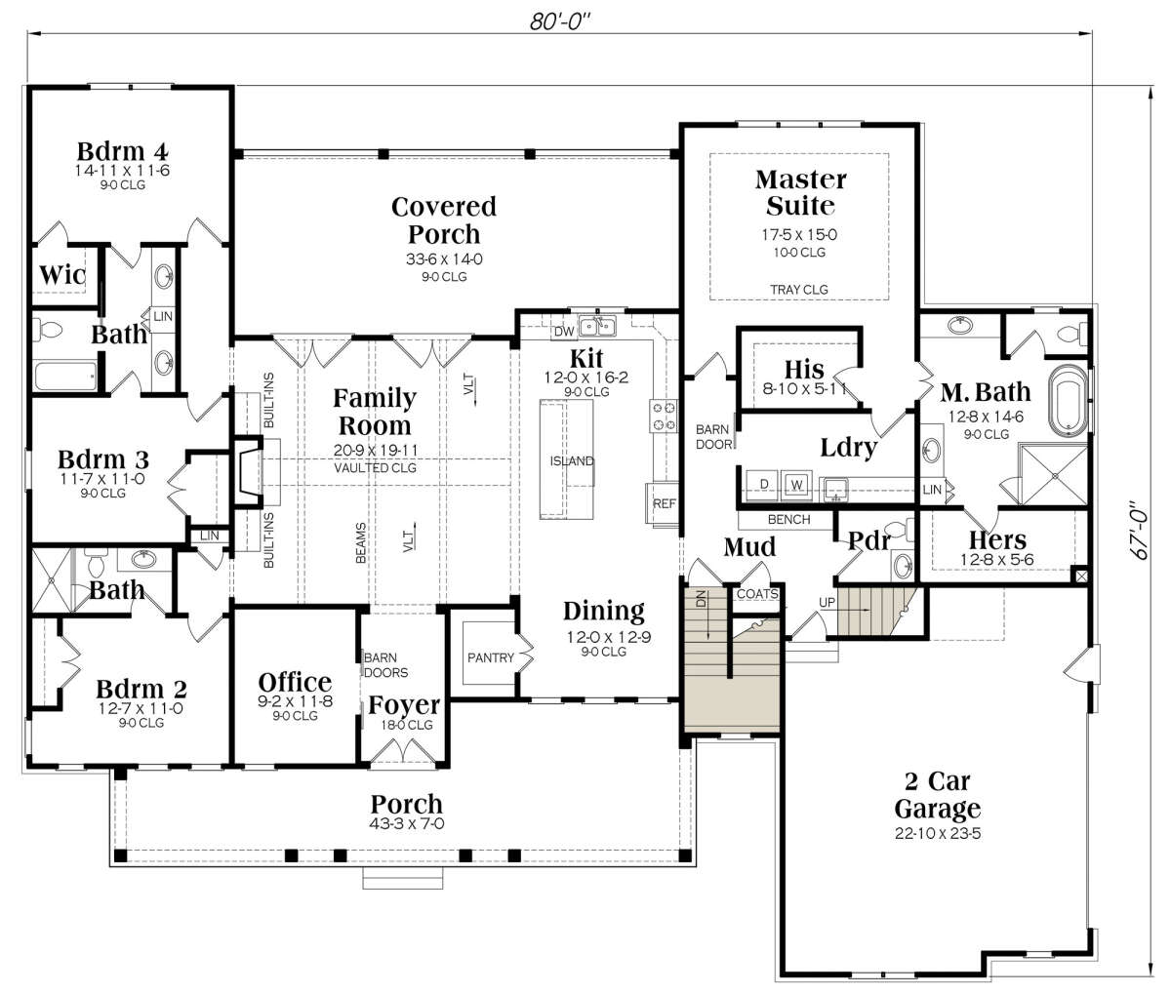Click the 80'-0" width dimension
pos(560,21)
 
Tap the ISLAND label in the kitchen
pos(572,461)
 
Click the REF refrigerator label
pos(664,503)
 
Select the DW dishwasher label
pos(564,332)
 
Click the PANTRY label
pos(491,657)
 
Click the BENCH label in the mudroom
pos(788,519)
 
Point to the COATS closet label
pos(757,594)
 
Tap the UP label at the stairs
pos(827,602)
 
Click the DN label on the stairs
pos(702,598)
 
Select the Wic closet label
pos(62,275)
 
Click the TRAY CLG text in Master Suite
pos(799,290)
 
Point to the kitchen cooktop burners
pos(664,416)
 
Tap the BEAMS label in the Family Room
pos(361,542)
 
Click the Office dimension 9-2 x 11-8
pos(295,701)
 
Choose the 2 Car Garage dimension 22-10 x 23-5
pos(938,833)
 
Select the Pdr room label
pos(869,540)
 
